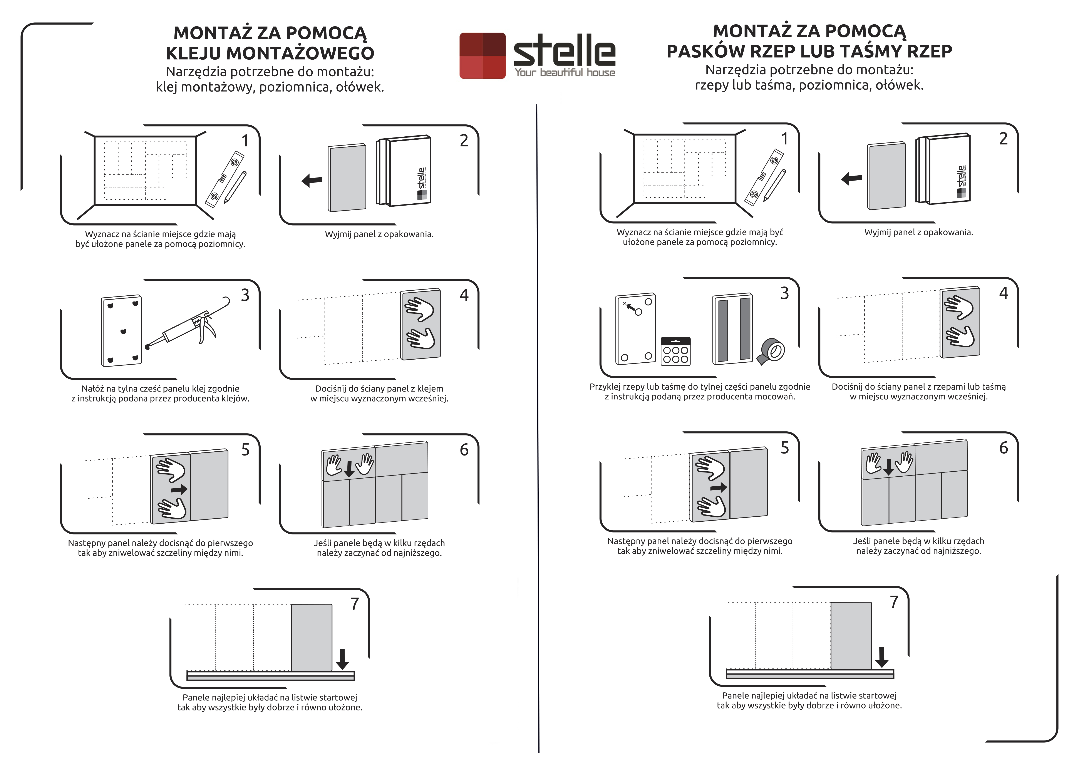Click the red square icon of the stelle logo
coord(482,56)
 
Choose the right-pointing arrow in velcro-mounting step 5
coord(718,487)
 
